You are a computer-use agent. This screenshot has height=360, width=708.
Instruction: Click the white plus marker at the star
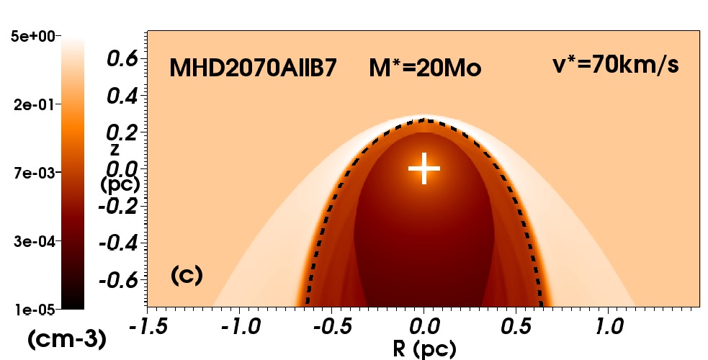424,168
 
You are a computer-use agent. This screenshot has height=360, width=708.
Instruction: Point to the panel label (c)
187,274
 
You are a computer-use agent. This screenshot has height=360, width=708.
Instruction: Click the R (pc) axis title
424,349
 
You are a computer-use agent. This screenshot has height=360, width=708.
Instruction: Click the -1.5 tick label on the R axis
149,328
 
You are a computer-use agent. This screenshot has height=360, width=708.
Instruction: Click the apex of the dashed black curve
424,120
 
